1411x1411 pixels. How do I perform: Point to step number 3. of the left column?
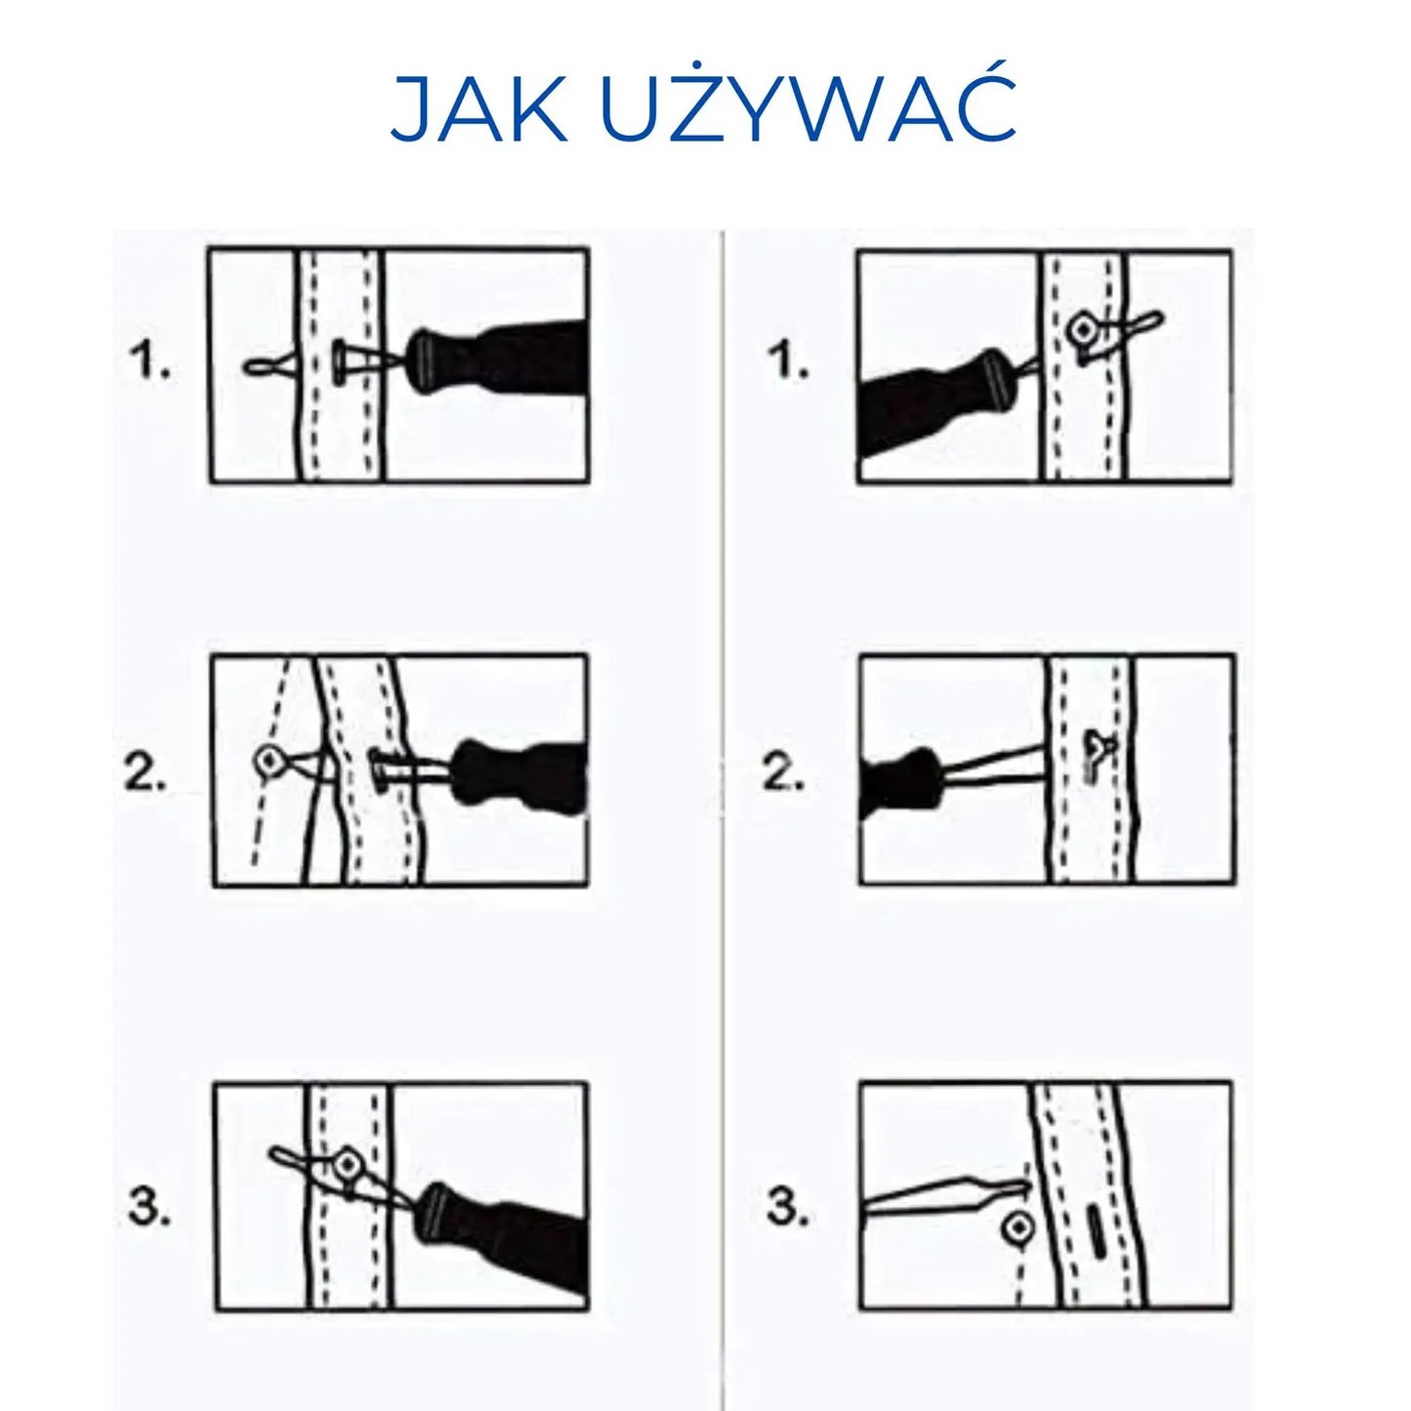coord(149,1206)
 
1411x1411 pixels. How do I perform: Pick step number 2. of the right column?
coord(783,773)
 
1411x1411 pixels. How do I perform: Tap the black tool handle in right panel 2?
coord(899,777)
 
